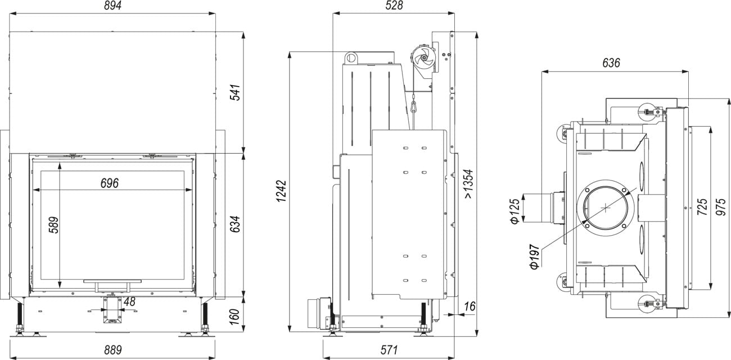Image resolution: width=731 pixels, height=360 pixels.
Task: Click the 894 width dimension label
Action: pyautogui.click(x=112, y=6)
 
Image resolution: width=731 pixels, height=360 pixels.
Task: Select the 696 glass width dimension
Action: pyautogui.click(x=109, y=183)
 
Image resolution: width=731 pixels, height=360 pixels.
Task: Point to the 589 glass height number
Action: pyautogui.click(x=53, y=225)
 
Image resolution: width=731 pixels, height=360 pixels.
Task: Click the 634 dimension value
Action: pyautogui.click(x=235, y=224)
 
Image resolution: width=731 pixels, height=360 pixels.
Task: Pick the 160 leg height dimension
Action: pyautogui.click(x=235, y=317)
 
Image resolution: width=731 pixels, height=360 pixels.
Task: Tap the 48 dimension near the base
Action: pyautogui.click(x=129, y=301)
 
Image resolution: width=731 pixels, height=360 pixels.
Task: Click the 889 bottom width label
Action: pyautogui.click(x=113, y=349)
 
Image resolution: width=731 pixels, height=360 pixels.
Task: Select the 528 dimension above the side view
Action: pyautogui.click(x=394, y=5)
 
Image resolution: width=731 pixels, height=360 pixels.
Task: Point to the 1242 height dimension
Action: pyautogui.click(x=282, y=191)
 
